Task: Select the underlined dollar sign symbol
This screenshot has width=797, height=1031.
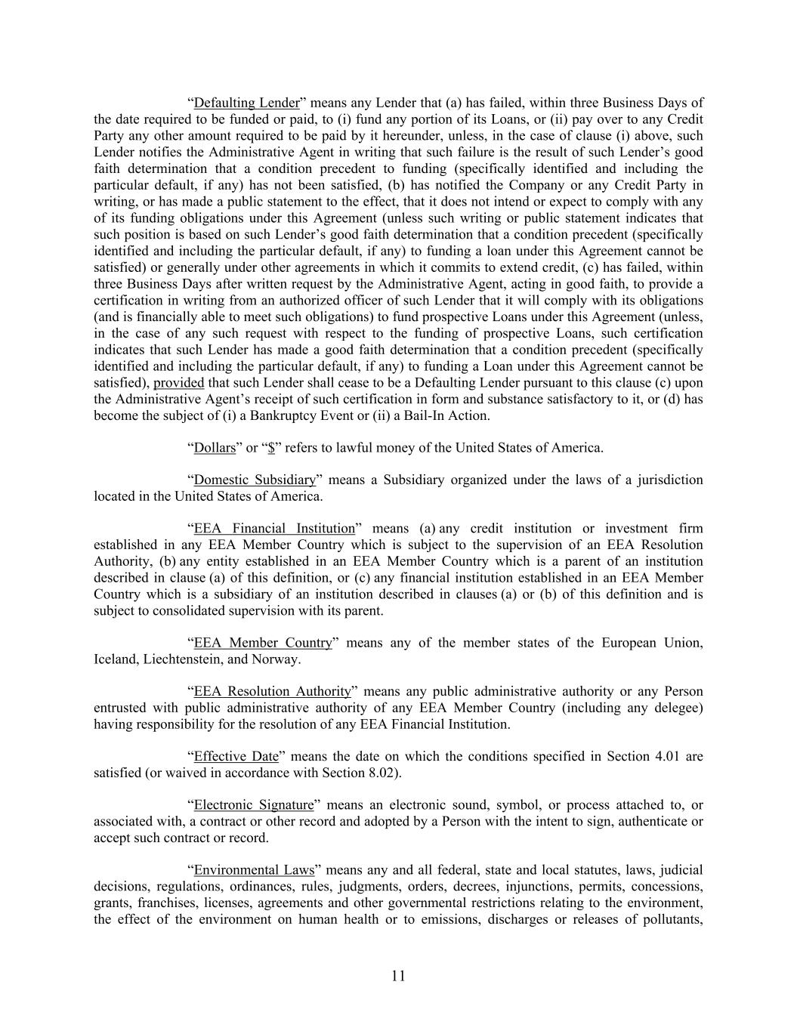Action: point(270,448)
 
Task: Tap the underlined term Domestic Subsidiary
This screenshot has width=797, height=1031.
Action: point(255,480)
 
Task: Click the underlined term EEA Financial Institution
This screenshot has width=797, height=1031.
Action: point(274,529)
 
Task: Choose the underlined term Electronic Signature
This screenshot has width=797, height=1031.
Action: point(253,805)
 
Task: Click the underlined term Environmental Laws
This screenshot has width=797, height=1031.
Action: point(254,870)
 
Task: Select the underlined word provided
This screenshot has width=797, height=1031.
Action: point(178,383)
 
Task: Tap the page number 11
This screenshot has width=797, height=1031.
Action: point(398,976)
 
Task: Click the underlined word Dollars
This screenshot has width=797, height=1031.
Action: point(215,448)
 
